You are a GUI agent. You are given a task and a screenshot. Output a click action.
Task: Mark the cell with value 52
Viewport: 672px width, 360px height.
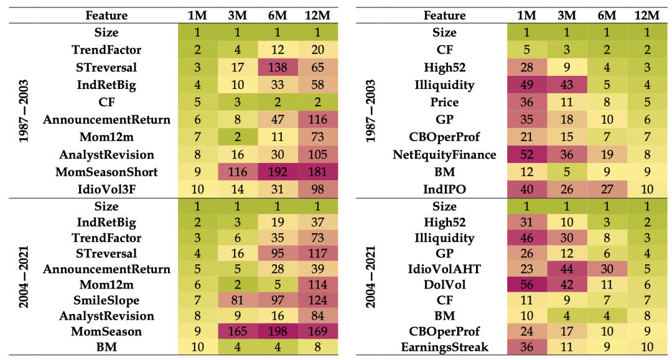coord(526,154)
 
